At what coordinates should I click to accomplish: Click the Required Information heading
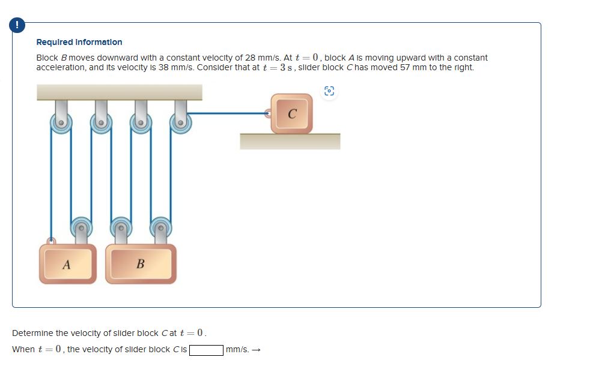pos(79,42)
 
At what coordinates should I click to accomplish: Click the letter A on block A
pos(67,263)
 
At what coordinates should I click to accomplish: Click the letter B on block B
pos(141,263)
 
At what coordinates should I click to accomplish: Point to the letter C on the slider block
pos(291,114)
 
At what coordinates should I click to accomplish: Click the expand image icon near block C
pos(329,91)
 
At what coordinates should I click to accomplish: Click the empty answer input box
pos(207,349)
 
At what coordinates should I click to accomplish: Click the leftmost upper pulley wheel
pos(61,124)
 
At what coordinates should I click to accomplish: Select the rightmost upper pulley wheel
pos(180,124)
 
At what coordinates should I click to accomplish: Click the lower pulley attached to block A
pos(81,227)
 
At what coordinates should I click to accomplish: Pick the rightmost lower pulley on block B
pos(160,227)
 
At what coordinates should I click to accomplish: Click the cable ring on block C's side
pos(269,112)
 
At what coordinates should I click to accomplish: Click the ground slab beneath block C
pos(290,141)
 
